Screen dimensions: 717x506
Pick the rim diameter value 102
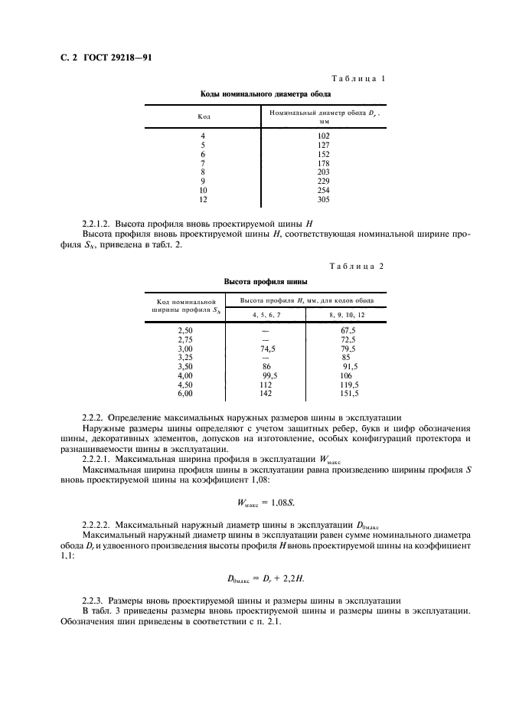(x=324, y=136)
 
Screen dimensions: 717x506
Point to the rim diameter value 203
(x=324, y=172)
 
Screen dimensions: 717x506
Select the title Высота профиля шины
(x=255, y=281)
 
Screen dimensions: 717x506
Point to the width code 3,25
(x=184, y=356)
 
